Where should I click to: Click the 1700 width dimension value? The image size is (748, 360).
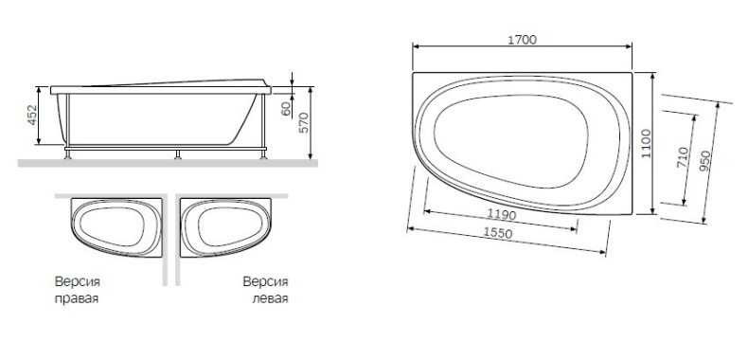point(522,40)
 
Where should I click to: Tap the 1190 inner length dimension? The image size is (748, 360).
point(502,216)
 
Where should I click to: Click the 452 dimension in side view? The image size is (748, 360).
point(31,116)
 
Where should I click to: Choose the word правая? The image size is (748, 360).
point(77,298)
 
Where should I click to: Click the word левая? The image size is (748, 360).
point(270,298)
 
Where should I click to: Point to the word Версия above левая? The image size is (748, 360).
point(265,282)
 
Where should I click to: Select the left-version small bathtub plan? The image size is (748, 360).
point(226,228)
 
